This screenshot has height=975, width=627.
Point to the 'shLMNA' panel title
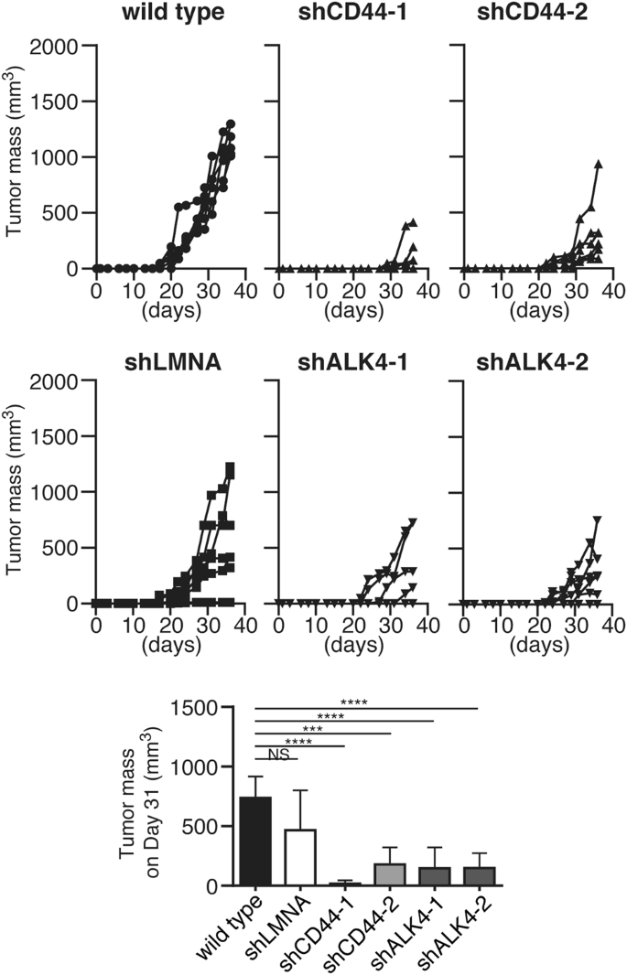[x=170, y=350]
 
